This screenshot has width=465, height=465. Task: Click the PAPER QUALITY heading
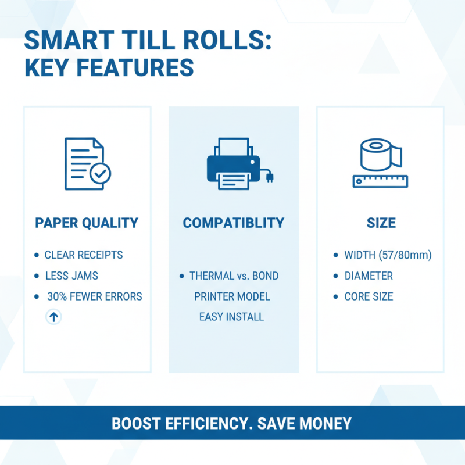click(87, 223)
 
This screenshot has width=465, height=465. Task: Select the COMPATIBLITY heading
click(234, 223)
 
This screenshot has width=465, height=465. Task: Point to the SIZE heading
click(381, 223)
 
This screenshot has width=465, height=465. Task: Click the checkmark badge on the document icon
click(100, 173)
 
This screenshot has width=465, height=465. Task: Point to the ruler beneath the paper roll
click(380, 181)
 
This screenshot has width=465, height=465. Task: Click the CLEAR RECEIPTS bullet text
click(84, 255)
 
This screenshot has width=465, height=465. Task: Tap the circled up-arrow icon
click(54, 317)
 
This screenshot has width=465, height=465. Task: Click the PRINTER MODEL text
click(232, 296)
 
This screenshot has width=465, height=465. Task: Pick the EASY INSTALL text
click(231, 317)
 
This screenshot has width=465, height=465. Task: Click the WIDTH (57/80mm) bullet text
click(388, 255)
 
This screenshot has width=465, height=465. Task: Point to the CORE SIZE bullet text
click(369, 296)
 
